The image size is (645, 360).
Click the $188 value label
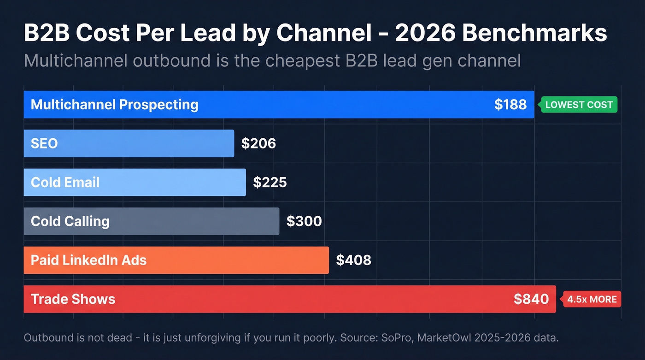510,105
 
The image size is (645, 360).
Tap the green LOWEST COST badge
579,105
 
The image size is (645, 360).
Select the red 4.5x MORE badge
592,299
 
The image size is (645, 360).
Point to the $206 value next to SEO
258,143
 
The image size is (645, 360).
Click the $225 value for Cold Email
270,183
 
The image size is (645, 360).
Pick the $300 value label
304,221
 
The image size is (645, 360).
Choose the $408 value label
353,260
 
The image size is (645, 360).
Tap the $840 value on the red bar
531,299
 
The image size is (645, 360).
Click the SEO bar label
44,143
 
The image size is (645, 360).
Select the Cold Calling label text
70,221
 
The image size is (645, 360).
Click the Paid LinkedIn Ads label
88,260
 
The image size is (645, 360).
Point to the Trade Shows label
73,299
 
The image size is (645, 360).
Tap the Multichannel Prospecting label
114,105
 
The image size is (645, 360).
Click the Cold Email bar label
65,183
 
